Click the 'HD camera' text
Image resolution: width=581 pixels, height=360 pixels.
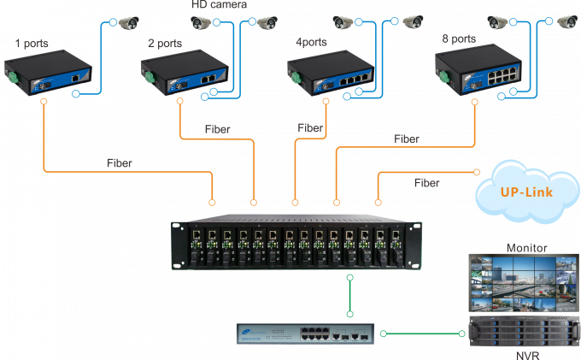219,5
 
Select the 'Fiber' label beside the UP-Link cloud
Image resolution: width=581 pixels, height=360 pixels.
427,183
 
